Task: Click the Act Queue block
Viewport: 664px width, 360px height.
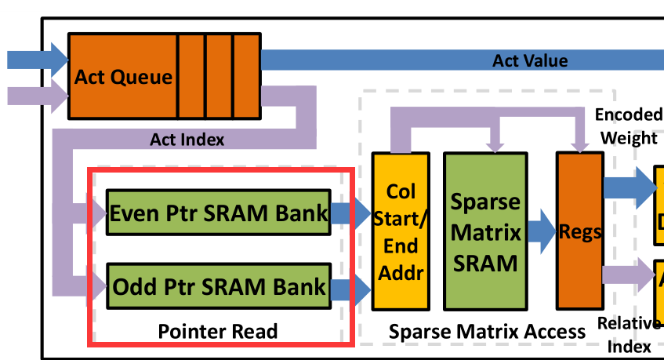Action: coord(123,77)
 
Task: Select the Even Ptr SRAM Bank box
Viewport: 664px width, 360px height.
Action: coord(217,213)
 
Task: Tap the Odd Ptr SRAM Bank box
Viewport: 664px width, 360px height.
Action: coord(217,286)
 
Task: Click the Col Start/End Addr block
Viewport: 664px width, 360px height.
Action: coord(401,231)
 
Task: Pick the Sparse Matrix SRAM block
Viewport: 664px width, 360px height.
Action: coord(484,231)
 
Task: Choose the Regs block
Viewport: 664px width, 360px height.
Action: coord(579,231)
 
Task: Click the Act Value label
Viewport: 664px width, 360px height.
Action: coord(530,60)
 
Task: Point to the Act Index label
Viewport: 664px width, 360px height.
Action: coord(187,140)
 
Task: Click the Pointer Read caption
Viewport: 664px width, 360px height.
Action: coord(217,332)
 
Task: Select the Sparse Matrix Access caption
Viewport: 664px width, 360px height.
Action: coord(487,332)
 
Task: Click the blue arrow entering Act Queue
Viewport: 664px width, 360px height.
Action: coord(36,59)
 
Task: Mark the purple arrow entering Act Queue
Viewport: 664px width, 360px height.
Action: coord(36,96)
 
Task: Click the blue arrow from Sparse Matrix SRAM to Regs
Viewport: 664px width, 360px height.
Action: coord(541,231)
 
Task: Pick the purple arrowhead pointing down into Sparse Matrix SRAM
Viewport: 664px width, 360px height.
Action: coord(494,143)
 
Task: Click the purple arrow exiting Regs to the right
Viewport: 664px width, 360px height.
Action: coord(627,275)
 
